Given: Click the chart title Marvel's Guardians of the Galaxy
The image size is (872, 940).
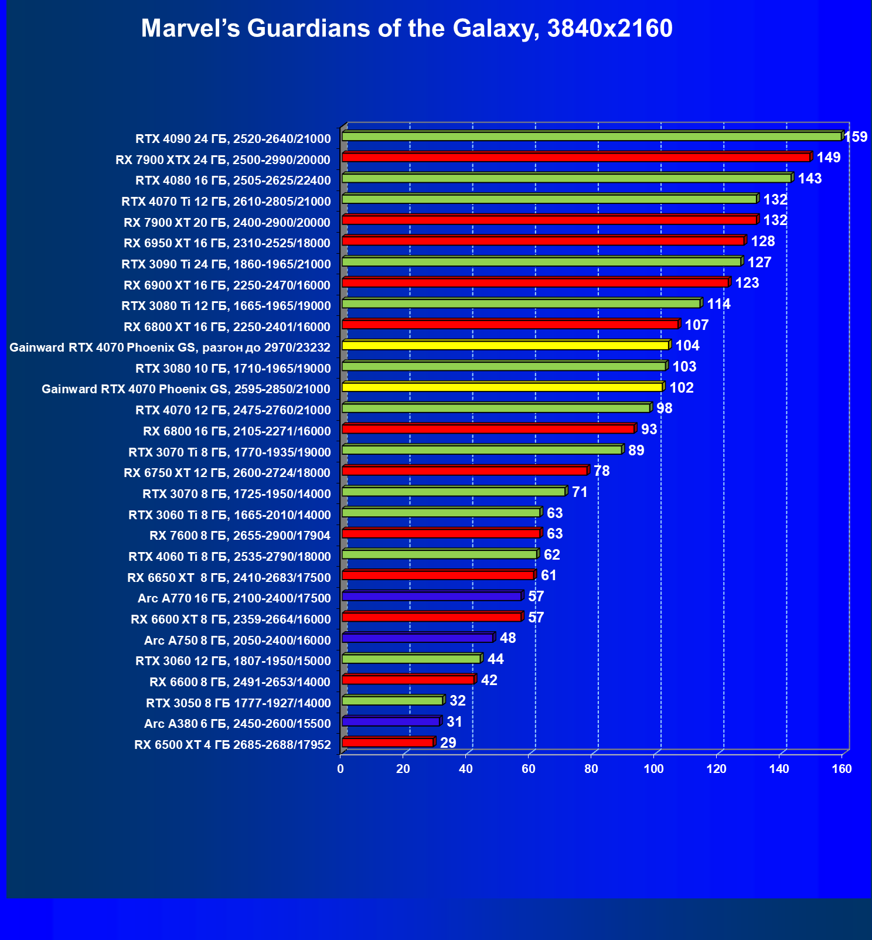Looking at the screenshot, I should [407, 28].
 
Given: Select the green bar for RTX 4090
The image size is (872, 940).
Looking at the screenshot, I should [592, 137].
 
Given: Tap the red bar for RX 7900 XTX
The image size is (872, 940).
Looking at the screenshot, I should [576, 157].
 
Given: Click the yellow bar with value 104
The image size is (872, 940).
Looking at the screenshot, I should [505, 346].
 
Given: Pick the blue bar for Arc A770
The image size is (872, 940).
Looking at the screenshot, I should [432, 596].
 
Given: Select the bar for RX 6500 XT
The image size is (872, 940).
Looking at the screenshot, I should [387, 743].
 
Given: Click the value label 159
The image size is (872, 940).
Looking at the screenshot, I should [856, 137].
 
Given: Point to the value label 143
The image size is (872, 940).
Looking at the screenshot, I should [810, 179].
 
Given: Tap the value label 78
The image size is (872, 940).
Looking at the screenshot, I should [601, 471].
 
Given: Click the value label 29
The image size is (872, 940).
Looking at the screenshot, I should [448, 743].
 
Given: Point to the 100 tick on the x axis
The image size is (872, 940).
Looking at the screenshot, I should [653, 769].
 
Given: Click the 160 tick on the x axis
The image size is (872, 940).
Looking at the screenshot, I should [842, 769].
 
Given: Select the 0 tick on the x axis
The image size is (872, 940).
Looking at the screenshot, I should [340, 769].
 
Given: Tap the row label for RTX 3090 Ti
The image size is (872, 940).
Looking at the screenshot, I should [226, 264].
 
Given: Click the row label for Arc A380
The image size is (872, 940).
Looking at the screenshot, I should [237, 724].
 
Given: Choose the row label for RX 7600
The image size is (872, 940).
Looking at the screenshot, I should [240, 536].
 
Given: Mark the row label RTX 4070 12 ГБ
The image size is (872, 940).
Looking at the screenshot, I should [233, 410].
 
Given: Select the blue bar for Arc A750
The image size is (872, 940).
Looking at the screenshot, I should [418, 638].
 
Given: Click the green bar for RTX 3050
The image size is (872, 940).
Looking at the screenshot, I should [393, 701].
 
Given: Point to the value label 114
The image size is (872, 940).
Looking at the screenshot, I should [718, 304].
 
